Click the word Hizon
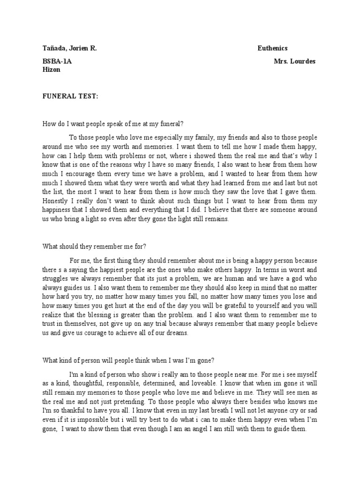[52, 69]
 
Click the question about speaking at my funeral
[113, 124]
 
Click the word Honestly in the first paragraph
[57, 202]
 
